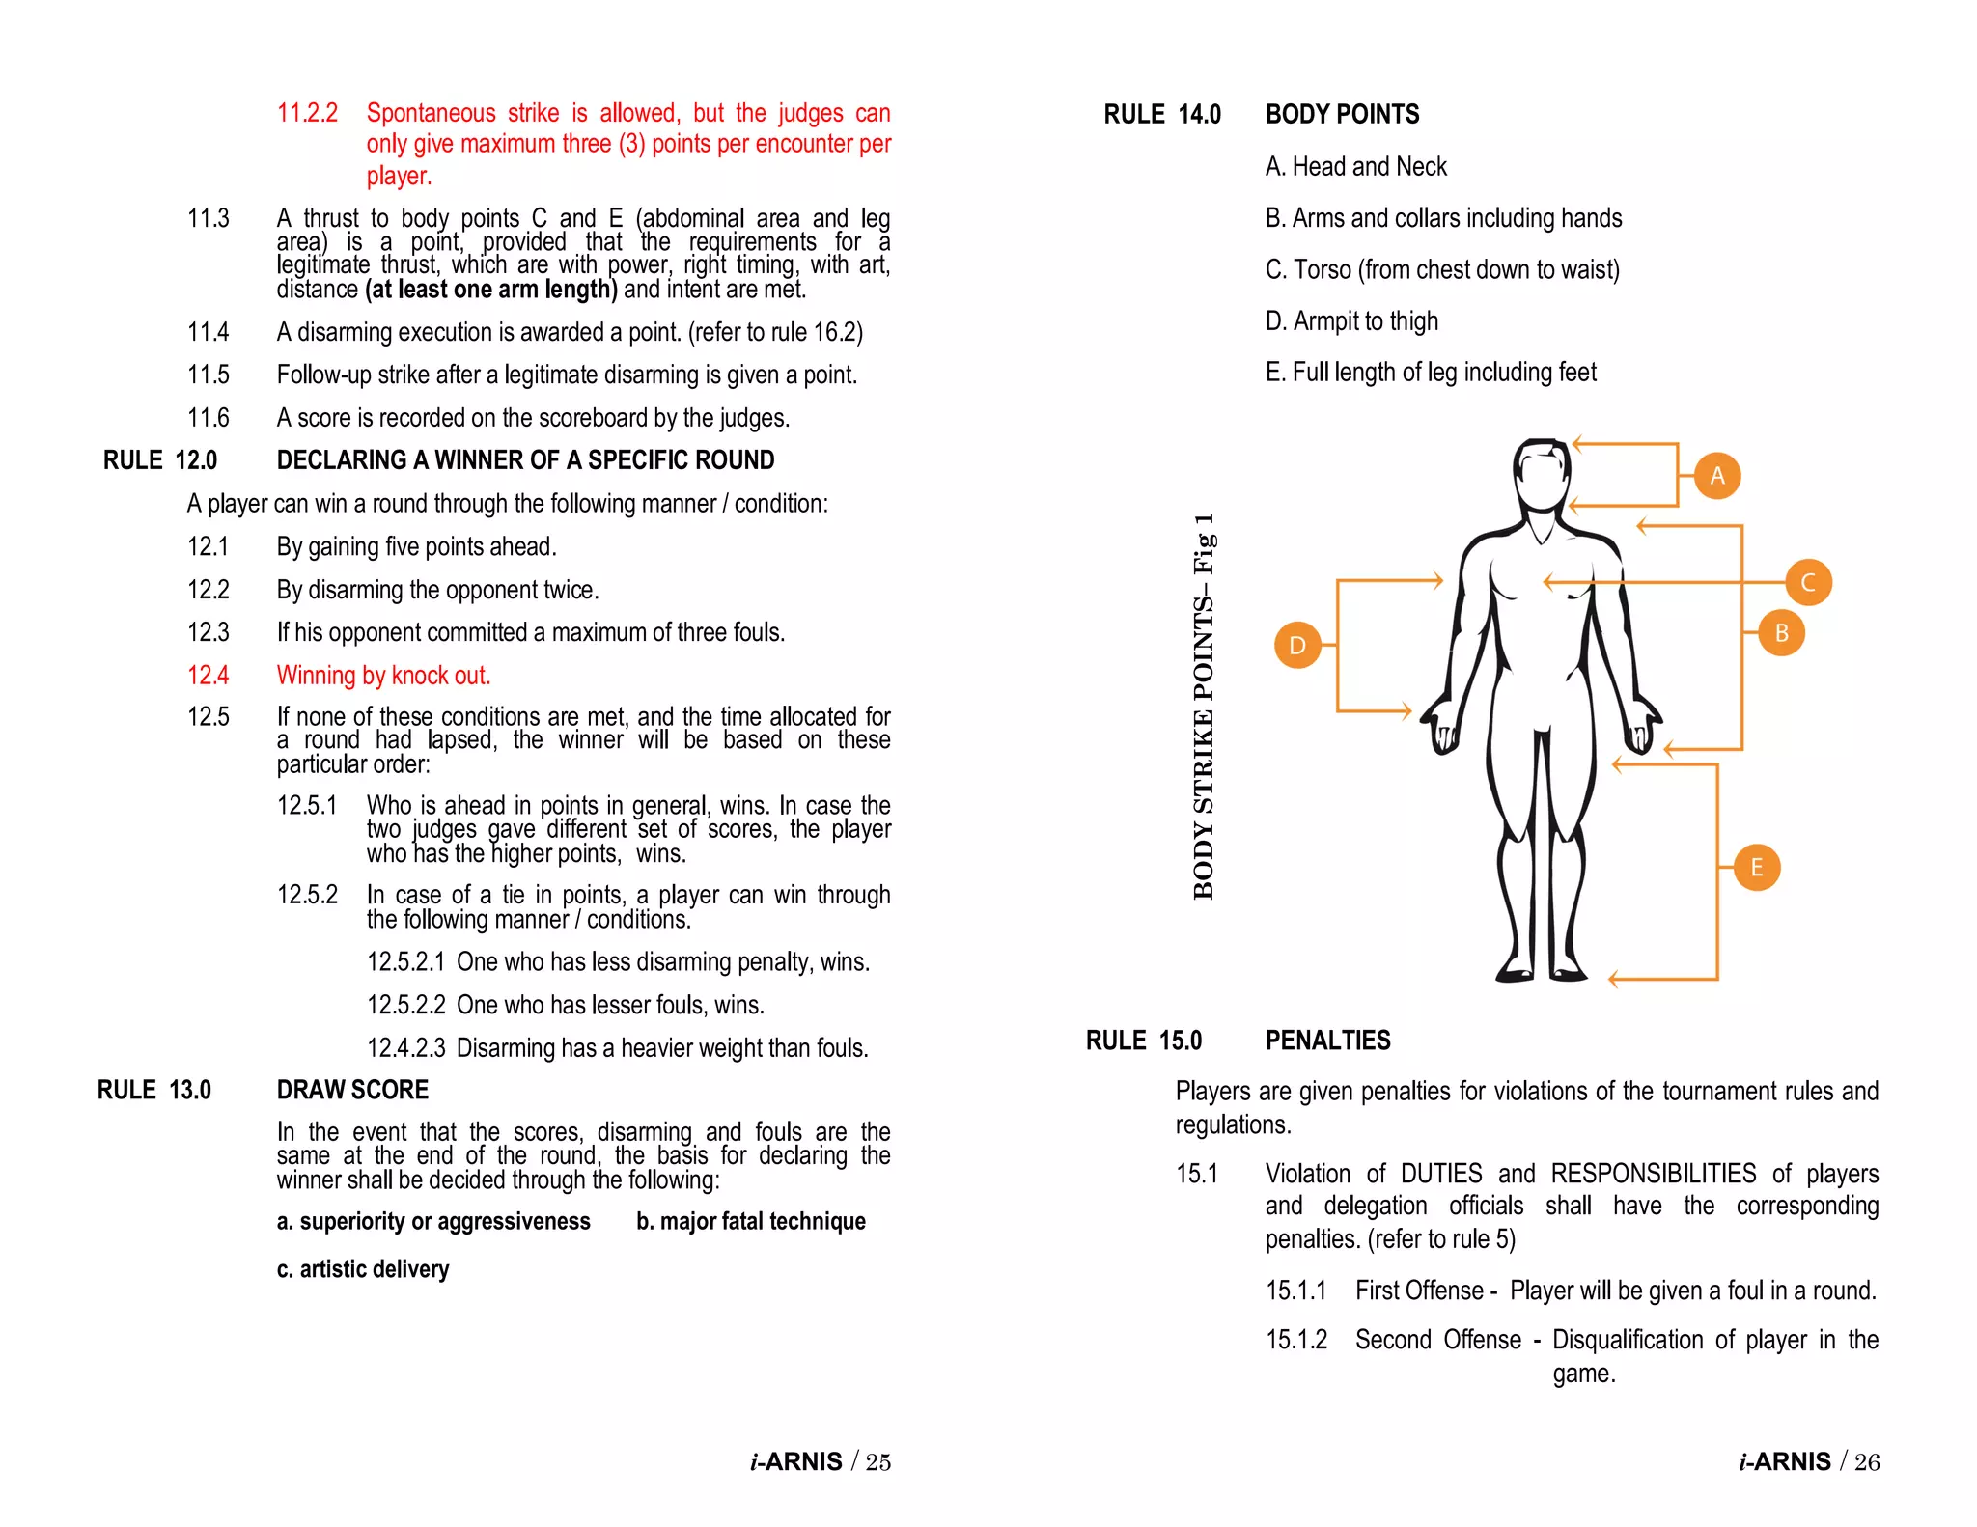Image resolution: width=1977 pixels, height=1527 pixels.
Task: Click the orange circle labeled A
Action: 1716,475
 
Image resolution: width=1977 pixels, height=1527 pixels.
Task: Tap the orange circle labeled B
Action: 1781,632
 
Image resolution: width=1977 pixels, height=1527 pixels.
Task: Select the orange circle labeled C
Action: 1808,582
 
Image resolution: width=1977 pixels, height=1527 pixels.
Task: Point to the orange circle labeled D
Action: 1297,645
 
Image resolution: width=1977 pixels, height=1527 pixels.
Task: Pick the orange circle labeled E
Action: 1756,867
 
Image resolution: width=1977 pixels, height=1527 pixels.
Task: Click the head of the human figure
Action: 1542,476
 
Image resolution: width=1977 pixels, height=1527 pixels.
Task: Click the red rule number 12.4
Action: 208,675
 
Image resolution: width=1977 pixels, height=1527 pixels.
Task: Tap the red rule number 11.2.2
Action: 307,113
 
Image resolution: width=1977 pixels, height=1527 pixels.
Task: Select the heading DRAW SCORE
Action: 352,1090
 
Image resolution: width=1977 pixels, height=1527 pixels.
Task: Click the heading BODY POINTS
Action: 1342,114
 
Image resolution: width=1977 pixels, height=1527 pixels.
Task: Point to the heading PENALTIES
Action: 1327,1041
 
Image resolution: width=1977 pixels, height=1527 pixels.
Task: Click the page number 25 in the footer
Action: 877,1461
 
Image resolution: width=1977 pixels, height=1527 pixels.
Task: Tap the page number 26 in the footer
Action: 1866,1461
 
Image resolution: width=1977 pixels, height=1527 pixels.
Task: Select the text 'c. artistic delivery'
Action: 363,1268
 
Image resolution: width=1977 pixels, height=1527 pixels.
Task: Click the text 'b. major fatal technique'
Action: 750,1221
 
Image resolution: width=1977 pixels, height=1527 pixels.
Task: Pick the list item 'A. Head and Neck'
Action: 1355,166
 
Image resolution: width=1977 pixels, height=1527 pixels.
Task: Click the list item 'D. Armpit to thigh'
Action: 1351,320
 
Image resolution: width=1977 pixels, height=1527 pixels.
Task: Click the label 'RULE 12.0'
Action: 160,460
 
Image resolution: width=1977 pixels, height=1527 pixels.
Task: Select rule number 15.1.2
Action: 1296,1340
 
